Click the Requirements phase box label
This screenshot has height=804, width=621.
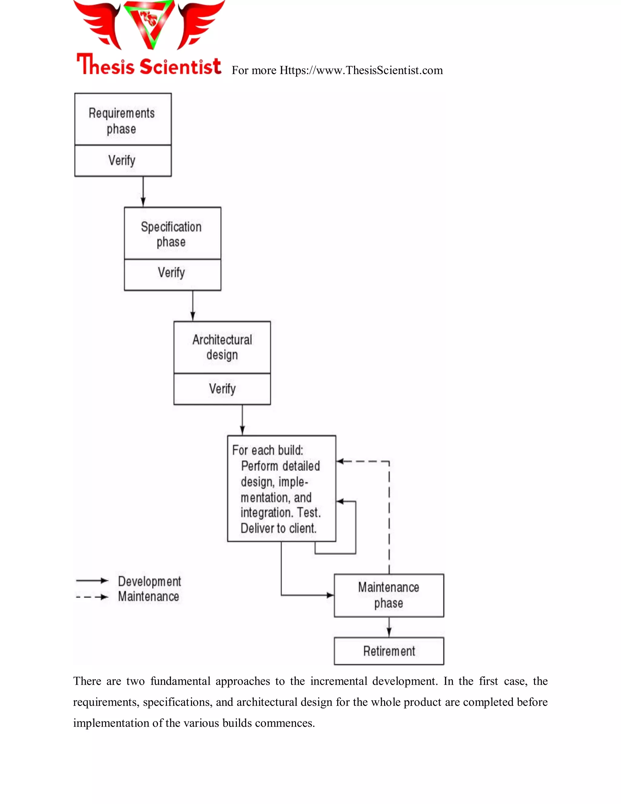point(122,120)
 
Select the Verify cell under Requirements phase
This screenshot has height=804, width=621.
point(122,160)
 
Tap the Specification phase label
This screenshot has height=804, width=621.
point(171,234)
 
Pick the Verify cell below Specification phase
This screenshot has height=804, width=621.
point(171,273)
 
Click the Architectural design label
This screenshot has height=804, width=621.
point(222,347)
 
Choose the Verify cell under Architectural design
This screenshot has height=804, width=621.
point(222,389)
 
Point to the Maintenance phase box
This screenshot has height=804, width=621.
point(388,595)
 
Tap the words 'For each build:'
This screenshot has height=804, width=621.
point(267,450)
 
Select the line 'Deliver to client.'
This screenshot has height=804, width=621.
point(278,528)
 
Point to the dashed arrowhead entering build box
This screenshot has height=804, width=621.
point(340,461)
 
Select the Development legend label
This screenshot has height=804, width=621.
point(149,581)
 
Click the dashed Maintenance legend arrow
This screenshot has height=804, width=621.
point(92,597)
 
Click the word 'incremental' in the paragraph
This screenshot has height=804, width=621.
point(338,681)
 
